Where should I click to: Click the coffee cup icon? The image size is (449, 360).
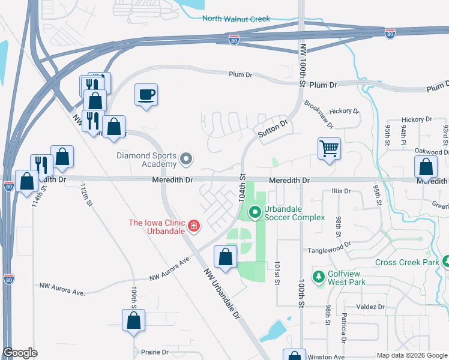[146, 95]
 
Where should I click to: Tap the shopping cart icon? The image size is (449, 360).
[329, 148]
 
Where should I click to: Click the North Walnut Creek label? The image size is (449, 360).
[236, 19]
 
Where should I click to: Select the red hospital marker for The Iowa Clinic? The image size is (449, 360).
[194, 226]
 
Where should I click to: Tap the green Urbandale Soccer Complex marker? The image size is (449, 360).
[255, 212]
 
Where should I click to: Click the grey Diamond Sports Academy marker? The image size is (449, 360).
[186, 159]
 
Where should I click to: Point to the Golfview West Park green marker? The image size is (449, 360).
[318, 277]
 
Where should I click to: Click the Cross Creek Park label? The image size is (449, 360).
[406, 262]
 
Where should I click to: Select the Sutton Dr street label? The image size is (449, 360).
[273, 127]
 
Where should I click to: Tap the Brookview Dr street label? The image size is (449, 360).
[318, 115]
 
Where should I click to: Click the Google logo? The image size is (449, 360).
[20, 353]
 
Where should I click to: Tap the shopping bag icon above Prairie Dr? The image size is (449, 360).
[133, 321]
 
